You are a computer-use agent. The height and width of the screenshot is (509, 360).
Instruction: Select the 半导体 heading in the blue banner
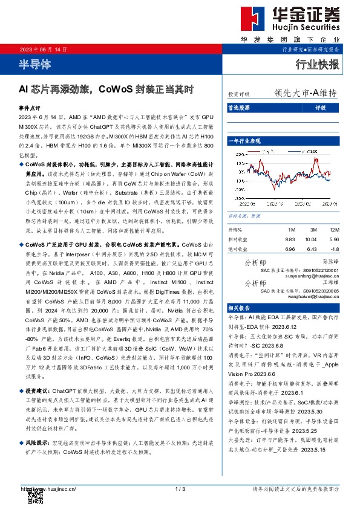click(34, 63)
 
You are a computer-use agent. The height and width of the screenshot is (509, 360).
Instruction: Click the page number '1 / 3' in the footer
click(179, 488)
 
